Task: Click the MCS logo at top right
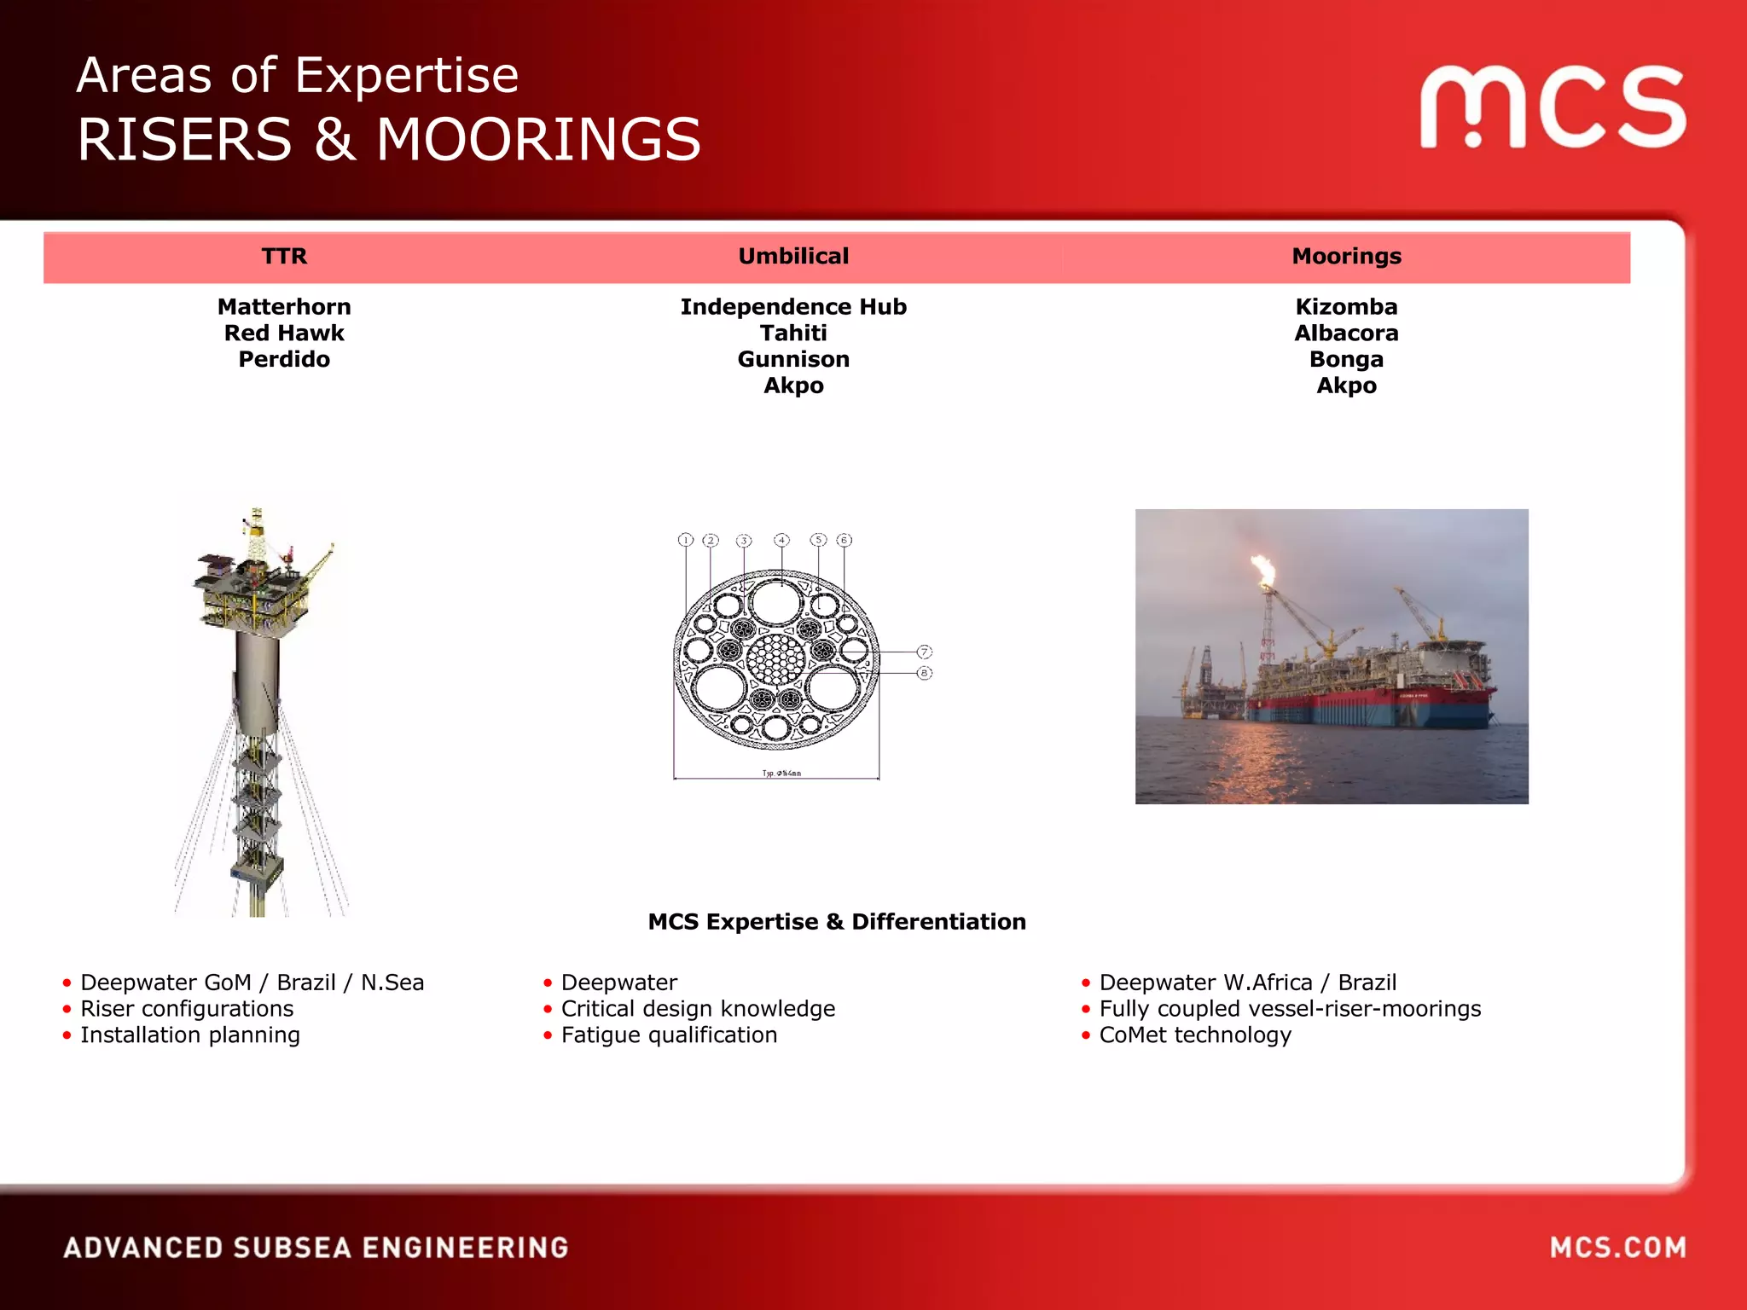coord(1553,107)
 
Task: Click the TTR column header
coord(284,256)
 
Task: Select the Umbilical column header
coord(793,256)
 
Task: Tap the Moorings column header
coord(1346,256)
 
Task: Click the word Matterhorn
coord(284,306)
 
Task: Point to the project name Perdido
coord(284,359)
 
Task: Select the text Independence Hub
coord(793,306)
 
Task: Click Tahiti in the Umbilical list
coord(793,333)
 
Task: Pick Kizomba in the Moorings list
coord(1346,306)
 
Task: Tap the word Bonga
coord(1346,359)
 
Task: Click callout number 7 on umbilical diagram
coord(924,652)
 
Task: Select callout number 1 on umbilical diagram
coord(686,540)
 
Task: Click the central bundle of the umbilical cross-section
coord(776,658)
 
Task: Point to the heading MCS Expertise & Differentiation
coord(837,921)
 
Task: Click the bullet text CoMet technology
coord(1194,1035)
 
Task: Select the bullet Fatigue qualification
coord(669,1035)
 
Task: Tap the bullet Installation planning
coord(189,1035)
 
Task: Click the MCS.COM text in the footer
coord(1617,1248)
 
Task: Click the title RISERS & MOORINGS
coord(389,139)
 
